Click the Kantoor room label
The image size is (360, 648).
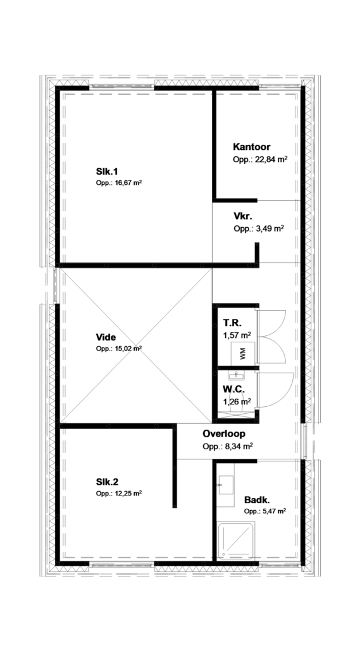[x=252, y=147]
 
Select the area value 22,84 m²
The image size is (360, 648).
[x=260, y=159]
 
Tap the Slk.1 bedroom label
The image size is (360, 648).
[x=107, y=171]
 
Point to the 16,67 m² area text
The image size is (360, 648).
[x=118, y=183]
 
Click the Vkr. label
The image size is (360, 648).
[x=243, y=216]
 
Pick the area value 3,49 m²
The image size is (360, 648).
[x=258, y=228]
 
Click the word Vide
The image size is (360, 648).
[x=106, y=337]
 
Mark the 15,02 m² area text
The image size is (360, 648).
[x=118, y=349]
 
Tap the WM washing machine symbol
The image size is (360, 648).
[x=242, y=352]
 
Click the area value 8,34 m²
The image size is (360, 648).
[x=228, y=446]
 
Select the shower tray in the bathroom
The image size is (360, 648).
[x=235, y=540]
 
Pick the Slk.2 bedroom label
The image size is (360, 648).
[x=107, y=482]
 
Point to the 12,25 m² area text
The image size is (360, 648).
[x=118, y=494]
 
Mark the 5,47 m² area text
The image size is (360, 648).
[x=265, y=511]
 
